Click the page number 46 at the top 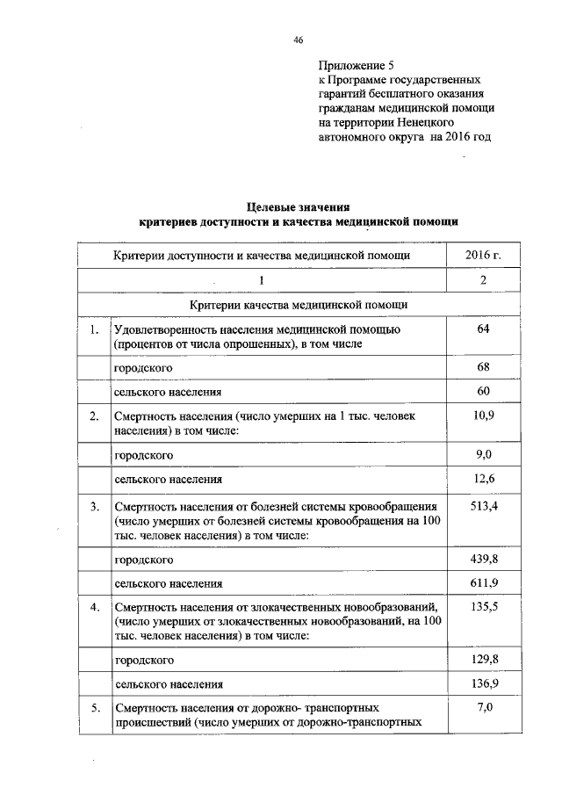(298, 40)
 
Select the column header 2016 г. (483, 256)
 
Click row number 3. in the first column (94, 506)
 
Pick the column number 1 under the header (261, 280)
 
